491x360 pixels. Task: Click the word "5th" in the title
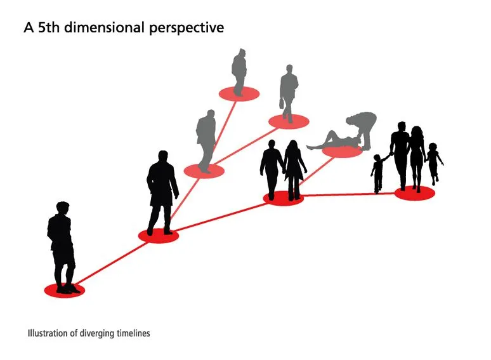coord(49,27)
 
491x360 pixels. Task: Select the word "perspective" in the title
coord(187,28)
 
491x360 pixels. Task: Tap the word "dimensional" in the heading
coord(104,27)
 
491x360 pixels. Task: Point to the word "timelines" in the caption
coord(133,333)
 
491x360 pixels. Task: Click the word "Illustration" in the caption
coord(48,333)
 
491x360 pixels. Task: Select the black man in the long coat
coord(162,192)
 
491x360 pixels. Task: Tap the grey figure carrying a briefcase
coord(289,93)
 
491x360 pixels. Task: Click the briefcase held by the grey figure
coord(282,103)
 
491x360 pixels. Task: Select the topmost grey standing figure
coord(239,72)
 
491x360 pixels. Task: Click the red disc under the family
coord(415,193)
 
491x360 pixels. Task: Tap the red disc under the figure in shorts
coord(65,290)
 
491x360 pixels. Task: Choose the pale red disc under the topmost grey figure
coord(239,94)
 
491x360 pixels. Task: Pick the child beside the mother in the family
coord(434,164)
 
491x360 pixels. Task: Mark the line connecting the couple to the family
coord(349,194)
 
